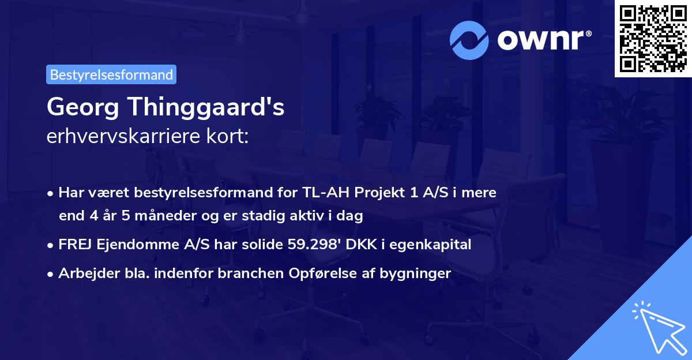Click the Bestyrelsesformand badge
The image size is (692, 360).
111,74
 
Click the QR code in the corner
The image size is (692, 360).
653,38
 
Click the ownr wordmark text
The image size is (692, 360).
543,39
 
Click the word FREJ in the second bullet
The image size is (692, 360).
74,245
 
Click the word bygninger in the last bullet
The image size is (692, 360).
415,273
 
